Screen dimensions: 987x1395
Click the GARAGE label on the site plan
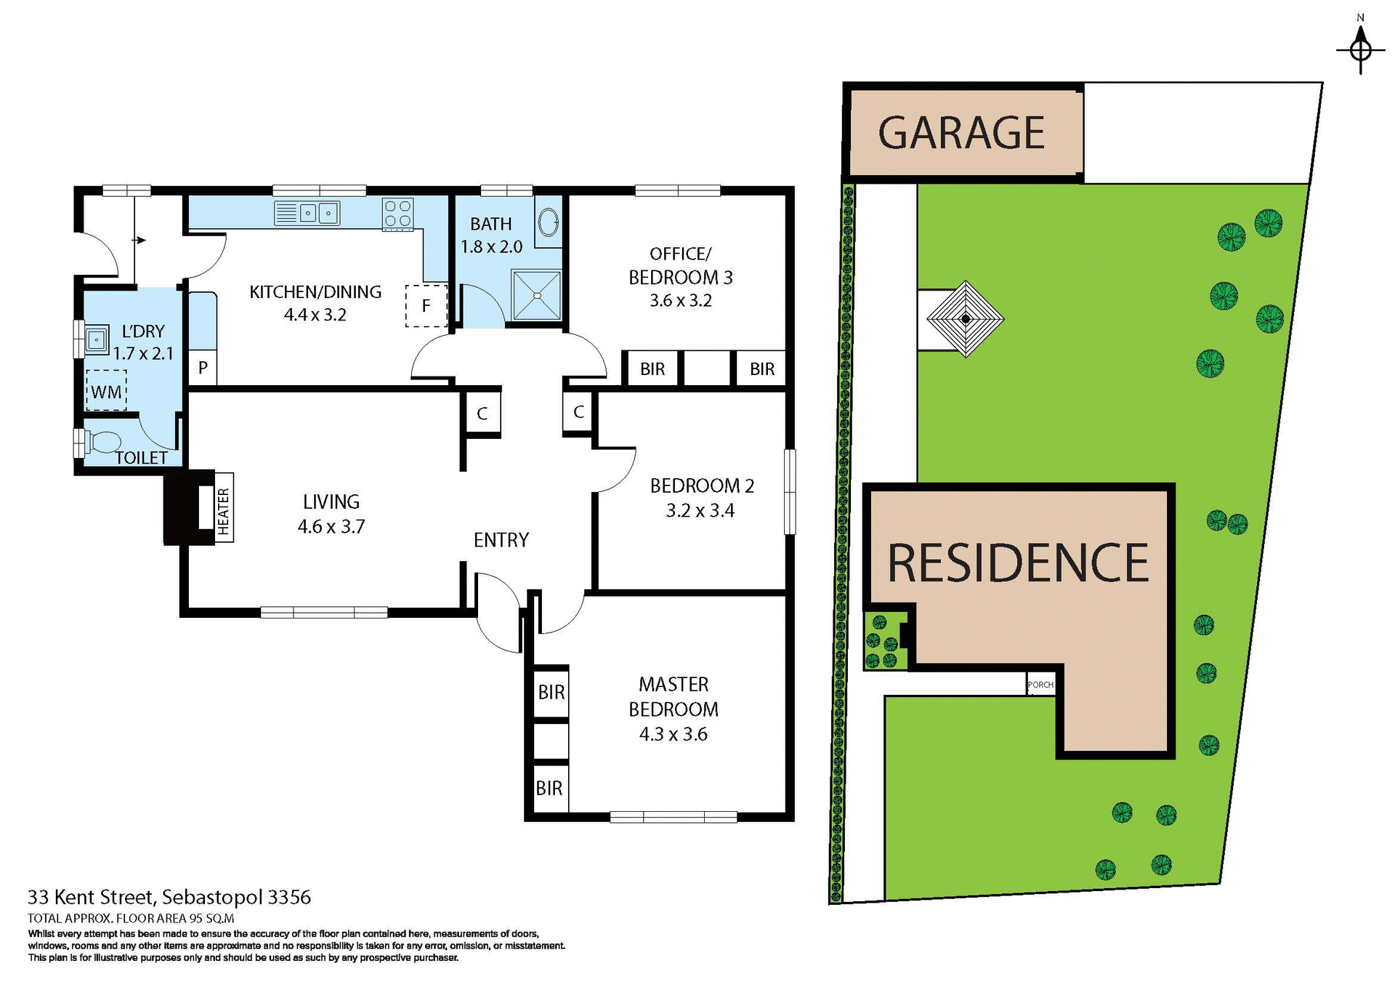point(961,133)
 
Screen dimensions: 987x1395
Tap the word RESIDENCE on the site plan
point(1018,563)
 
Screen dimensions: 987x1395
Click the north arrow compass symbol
point(1360,49)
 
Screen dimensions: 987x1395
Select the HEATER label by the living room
point(224,512)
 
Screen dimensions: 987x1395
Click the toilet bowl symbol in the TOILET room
point(104,441)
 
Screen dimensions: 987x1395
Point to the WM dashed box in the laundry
point(106,391)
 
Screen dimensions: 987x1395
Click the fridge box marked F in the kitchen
point(426,306)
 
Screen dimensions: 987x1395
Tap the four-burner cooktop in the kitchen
point(398,214)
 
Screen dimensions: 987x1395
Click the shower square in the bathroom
point(536,295)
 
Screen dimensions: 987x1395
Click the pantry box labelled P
point(203,368)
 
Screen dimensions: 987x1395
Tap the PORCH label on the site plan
point(1040,685)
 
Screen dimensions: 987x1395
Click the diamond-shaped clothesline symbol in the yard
point(965,319)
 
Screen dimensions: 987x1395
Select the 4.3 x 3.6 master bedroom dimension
point(673,734)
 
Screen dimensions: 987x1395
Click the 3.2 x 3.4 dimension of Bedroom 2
point(700,510)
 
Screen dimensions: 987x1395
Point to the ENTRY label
point(501,540)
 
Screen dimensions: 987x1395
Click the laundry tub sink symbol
point(96,339)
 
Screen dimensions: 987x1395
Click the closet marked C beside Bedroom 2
point(578,412)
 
